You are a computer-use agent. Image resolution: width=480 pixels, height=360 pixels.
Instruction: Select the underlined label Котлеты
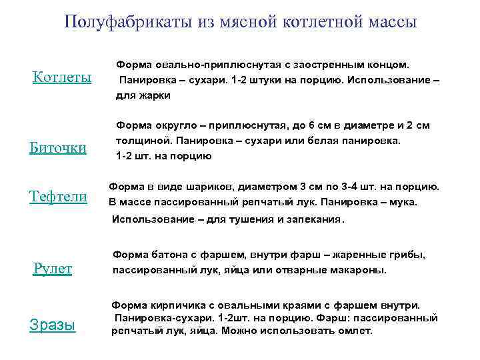pos(62,78)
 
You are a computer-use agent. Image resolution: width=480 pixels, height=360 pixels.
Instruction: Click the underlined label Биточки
pos(58,147)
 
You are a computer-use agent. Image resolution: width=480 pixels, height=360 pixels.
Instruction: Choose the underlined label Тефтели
pos(58,196)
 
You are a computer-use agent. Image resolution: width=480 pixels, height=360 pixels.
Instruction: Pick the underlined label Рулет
pos(53,269)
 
